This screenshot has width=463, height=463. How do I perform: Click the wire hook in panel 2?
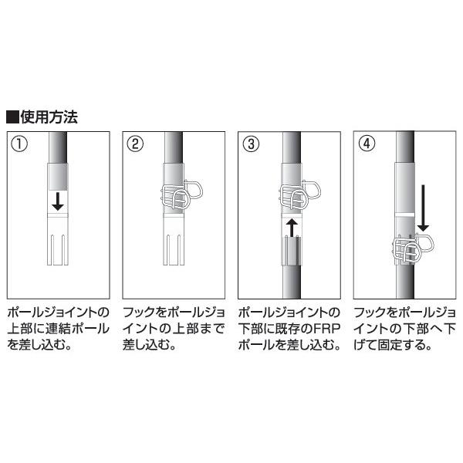click(x=179, y=198)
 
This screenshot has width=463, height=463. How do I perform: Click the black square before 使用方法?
click(x=12, y=119)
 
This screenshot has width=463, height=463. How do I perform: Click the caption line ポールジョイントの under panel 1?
click(x=58, y=314)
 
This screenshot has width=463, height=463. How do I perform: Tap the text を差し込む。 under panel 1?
click(x=39, y=345)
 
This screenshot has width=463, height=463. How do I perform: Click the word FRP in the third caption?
click(x=325, y=330)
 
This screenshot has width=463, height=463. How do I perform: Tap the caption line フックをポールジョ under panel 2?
click(x=174, y=314)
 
